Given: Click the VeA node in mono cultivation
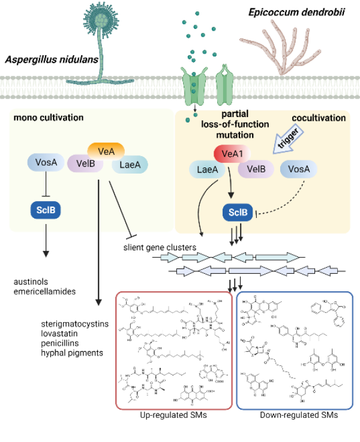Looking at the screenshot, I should tap(106, 150).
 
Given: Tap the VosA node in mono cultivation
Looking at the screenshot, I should tap(46, 162).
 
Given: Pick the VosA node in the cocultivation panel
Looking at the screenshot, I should tap(299, 169).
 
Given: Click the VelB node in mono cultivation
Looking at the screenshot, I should tap(85, 164).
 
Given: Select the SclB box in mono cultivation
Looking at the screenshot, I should tap(46, 210).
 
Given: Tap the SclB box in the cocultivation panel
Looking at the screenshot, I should tap(238, 211).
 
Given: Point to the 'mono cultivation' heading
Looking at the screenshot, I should tap(48, 118).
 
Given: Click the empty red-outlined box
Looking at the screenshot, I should tap(174, 350).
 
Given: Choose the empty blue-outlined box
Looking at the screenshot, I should tap(295, 350).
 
